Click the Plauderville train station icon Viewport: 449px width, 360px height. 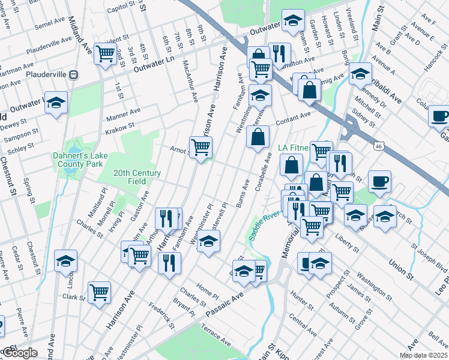(x=74, y=75)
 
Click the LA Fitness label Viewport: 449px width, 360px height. (x=293, y=148)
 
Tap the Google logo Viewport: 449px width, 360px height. (x=19, y=353)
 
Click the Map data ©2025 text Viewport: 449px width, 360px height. (x=424, y=355)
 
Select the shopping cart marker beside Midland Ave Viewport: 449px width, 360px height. (x=106, y=53)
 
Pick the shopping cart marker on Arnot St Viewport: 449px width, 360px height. (x=200, y=146)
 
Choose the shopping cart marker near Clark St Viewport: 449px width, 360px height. (x=99, y=292)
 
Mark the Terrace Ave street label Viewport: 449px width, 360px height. (x=216, y=338)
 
